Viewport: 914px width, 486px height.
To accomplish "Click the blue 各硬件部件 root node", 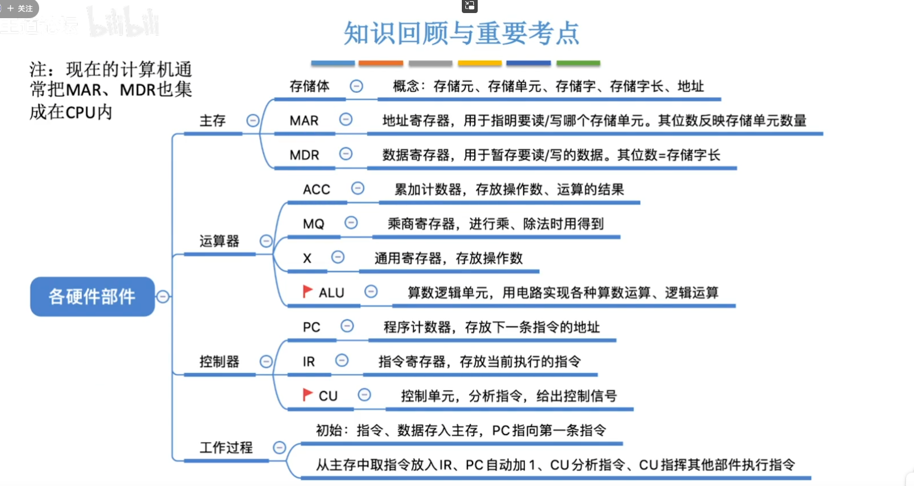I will pyautogui.click(x=92, y=296).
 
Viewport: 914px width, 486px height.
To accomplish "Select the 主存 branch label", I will pyautogui.click(x=212, y=121).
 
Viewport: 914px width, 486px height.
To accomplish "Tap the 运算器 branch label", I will pyautogui.click(x=219, y=241).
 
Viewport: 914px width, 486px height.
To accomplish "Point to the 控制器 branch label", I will pyautogui.click(x=219, y=361).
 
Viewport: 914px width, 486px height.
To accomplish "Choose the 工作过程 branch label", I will pyautogui.click(x=226, y=447).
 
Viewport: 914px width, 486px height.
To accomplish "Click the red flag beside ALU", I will pyautogui.click(x=308, y=291).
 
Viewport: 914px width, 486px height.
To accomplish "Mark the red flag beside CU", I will pyautogui.click(x=308, y=394).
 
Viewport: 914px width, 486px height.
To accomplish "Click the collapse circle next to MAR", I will pyautogui.click(x=346, y=120).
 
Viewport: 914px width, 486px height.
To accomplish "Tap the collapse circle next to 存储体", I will pyautogui.click(x=356, y=86).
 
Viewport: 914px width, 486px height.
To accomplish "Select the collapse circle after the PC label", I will pyautogui.click(x=347, y=326).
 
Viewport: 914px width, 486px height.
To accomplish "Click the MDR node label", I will pyautogui.click(x=304, y=155).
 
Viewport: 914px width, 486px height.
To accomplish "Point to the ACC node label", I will pyautogui.click(x=316, y=189).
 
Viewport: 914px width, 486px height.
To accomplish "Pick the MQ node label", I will pyautogui.click(x=313, y=224).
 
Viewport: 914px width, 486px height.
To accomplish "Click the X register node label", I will pyautogui.click(x=307, y=259).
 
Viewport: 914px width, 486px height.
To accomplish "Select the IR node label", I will pyautogui.click(x=309, y=362).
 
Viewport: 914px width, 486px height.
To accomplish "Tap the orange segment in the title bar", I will pyautogui.click(x=381, y=63).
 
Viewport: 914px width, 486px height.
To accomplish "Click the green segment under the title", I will pyautogui.click(x=578, y=63).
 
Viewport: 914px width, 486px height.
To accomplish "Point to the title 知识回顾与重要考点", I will pyautogui.click(x=461, y=33).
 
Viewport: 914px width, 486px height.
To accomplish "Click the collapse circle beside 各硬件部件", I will pyautogui.click(x=163, y=297).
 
